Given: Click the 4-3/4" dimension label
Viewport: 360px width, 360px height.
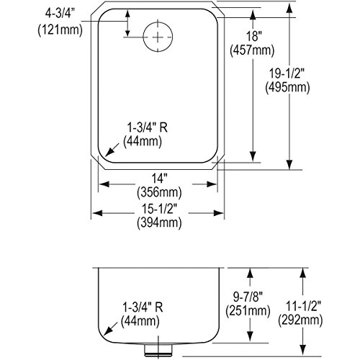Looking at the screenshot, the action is tap(60, 14).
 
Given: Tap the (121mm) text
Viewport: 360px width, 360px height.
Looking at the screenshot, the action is tap(60, 30).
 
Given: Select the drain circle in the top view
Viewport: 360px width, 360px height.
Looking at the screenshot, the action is tap(158, 37).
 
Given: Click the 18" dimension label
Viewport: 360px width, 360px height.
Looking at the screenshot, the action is tap(253, 37).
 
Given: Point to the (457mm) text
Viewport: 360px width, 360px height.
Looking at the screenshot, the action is tap(252, 50).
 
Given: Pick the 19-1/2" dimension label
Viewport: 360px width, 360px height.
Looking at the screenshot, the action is tap(287, 73).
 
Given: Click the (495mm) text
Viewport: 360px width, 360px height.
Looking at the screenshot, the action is tap(287, 87).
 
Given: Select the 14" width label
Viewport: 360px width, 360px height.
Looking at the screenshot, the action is tap(159, 179).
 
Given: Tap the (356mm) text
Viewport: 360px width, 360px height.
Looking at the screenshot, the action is tap(159, 192).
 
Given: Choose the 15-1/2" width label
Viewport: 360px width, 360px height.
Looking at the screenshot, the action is tap(160, 209).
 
